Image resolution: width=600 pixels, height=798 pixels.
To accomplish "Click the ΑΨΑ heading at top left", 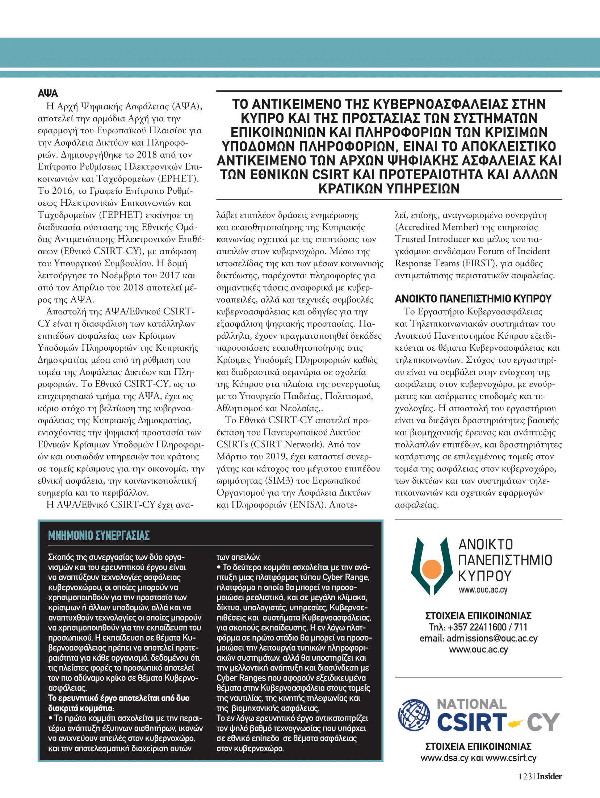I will pyautogui.click(x=48, y=93).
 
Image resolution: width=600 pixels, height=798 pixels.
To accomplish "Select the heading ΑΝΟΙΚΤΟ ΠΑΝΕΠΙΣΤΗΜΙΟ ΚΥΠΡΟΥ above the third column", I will pyautogui.click(x=473, y=299).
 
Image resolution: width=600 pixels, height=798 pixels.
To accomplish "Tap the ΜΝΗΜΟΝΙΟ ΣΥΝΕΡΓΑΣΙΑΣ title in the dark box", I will pyautogui.click(x=99, y=536).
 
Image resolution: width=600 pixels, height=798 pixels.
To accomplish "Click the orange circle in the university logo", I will pyautogui.click(x=432, y=569).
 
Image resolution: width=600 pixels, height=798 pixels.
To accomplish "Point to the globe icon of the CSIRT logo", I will pyautogui.click(x=414, y=715).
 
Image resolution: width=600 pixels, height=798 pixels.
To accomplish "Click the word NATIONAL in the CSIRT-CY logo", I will pyautogui.click(x=472, y=705).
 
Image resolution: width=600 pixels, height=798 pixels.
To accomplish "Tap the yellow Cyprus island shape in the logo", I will pyautogui.click(x=516, y=723).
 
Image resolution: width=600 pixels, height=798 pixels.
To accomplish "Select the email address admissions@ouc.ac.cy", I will pyautogui.click(x=492, y=638).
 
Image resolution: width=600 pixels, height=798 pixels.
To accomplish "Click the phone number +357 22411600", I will pyautogui.click(x=477, y=627).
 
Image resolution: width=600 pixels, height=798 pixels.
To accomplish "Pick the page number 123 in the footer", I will pyautogui.click(x=525, y=776).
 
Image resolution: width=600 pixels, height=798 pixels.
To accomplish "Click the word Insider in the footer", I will pyautogui.click(x=549, y=776).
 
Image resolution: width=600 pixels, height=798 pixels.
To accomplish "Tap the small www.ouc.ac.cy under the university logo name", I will pyautogui.click(x=483, y=590).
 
